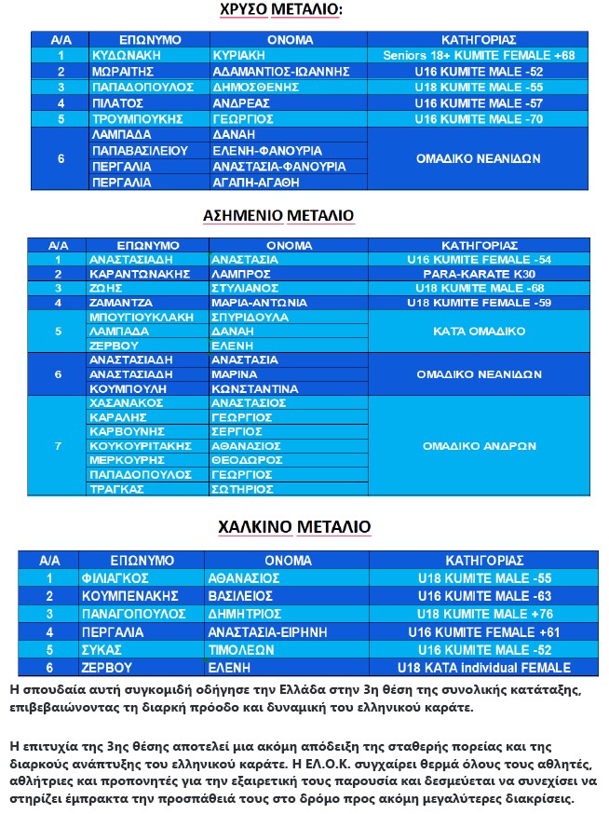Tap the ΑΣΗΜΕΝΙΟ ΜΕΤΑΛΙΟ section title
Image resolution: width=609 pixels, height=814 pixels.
point(278,216)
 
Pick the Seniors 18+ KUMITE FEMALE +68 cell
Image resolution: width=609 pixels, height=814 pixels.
point(479,56)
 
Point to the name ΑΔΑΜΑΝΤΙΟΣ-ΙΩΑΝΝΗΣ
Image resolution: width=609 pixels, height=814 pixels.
point(281,72)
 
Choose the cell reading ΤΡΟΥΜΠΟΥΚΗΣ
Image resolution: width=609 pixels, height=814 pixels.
point(136,119)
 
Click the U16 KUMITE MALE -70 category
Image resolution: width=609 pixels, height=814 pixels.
point(479,119)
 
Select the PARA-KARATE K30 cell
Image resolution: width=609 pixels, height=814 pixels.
point(479,275)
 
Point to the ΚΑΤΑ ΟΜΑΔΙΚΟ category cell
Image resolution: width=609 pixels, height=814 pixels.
point(479,332)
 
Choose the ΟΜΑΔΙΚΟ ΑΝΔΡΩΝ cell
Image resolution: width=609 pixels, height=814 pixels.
point(479,446)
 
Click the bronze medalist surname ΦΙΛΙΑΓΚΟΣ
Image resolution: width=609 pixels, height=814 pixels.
point(129,578)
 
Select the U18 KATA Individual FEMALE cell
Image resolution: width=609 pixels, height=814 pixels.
point(483,668)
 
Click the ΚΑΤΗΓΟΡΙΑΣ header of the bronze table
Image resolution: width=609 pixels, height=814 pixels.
point(483,561)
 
